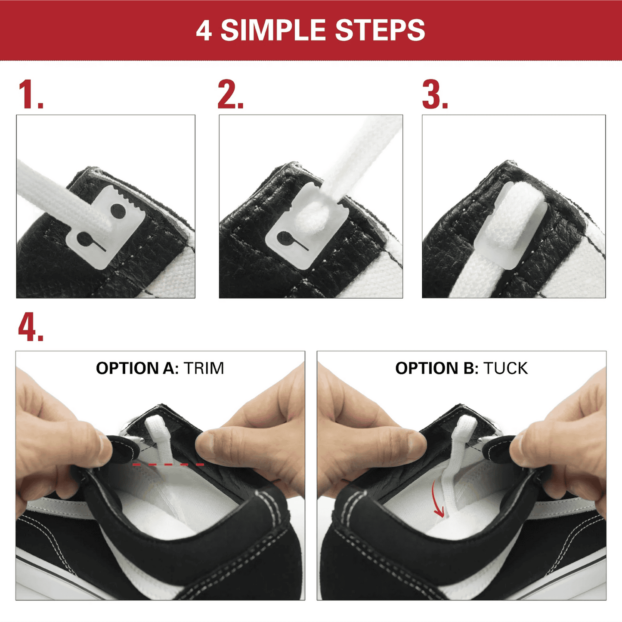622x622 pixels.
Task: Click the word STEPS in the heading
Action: click(380, 31)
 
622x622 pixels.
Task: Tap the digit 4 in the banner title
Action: click(204, 31)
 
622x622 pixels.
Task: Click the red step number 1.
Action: click(30, 95)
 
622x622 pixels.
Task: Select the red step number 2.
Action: click(230, 95)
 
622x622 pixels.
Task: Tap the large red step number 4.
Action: click(30, 328)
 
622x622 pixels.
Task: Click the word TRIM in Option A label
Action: click(204, 369)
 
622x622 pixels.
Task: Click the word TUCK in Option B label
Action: click(505, 369)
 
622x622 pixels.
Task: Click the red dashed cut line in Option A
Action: click(168, 465)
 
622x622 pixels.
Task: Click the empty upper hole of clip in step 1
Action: click(118, 211)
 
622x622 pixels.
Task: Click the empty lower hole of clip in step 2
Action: click(284, 237)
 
